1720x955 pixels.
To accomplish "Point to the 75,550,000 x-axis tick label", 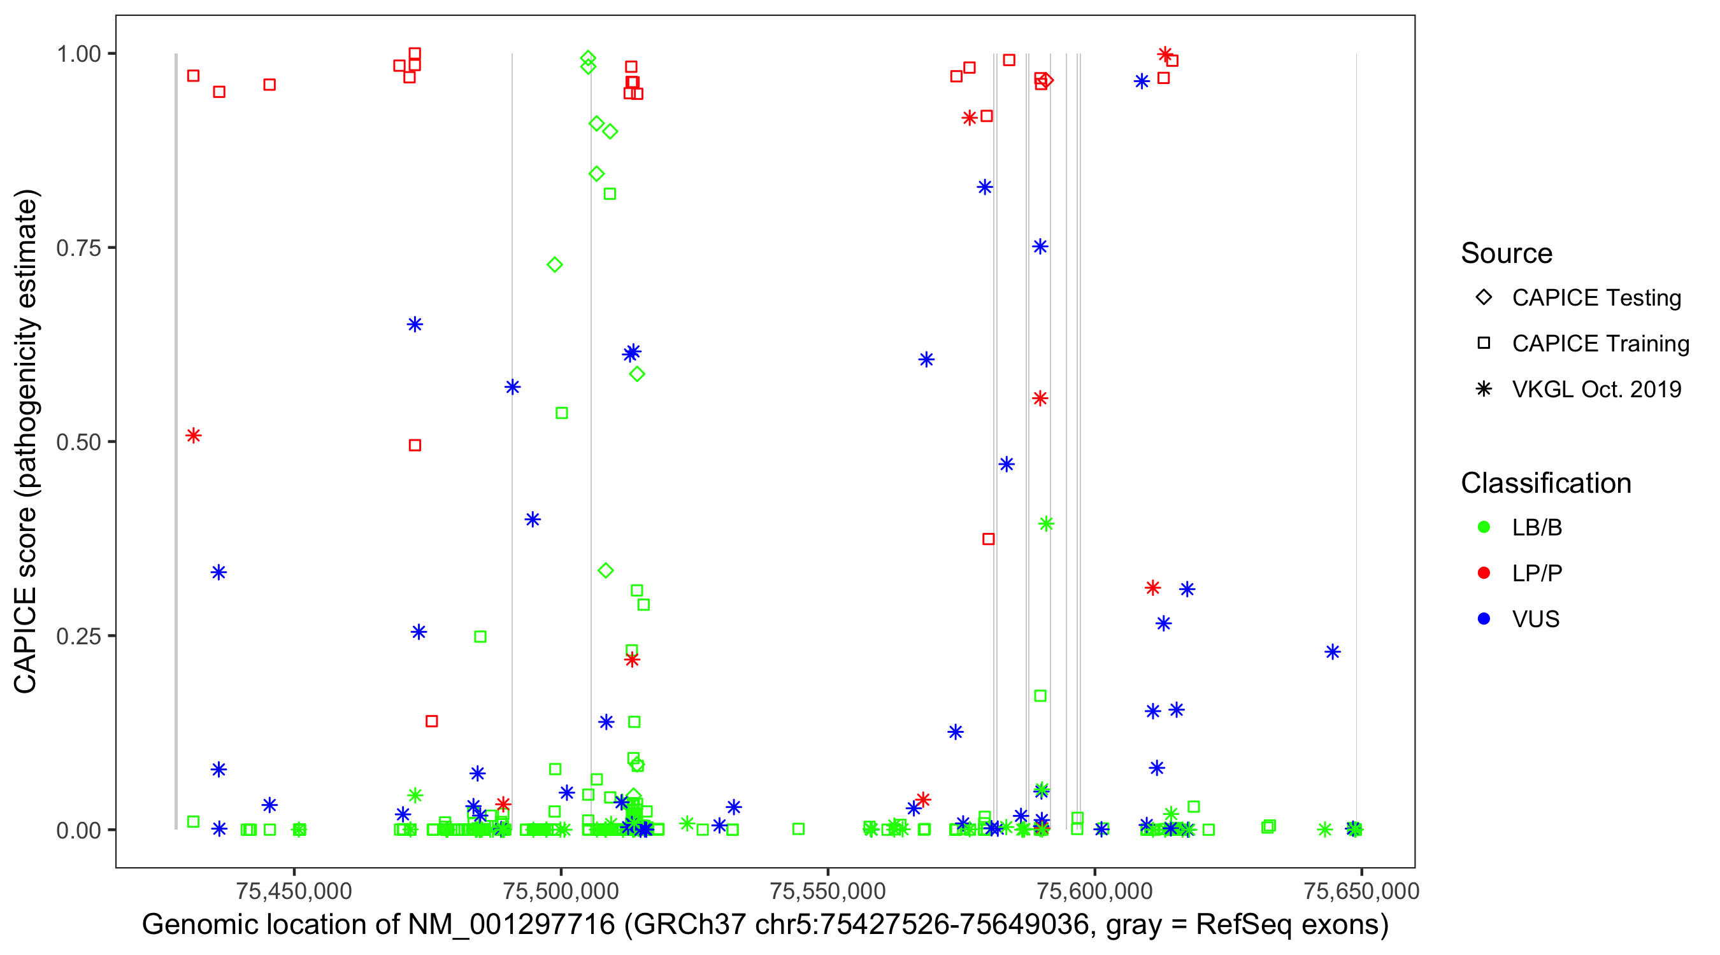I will tap(828, 890).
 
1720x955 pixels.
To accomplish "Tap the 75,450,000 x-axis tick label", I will tap(294, 890).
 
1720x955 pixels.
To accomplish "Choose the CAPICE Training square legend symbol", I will tap(1484, 344).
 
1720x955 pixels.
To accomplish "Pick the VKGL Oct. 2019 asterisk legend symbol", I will tap(1484, 389).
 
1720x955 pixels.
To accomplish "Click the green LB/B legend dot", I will tap(1484, 527).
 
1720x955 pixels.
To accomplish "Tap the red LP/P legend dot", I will tap(1484, 573).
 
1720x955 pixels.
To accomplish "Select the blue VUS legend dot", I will tap(1484, 619).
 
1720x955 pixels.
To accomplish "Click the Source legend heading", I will tap(1507, 253).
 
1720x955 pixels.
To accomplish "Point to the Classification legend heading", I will tap(1545, 483).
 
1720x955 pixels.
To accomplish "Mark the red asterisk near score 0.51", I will tap(194, 435).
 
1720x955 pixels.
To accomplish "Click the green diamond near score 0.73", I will tap(554, 265).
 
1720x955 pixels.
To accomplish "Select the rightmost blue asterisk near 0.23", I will tap(1332, 652).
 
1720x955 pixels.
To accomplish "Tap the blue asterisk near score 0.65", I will tap(415, 325).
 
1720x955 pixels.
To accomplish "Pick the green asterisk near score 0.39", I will tap(1046, 524).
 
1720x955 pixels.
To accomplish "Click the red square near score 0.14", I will tap(431, 721).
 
